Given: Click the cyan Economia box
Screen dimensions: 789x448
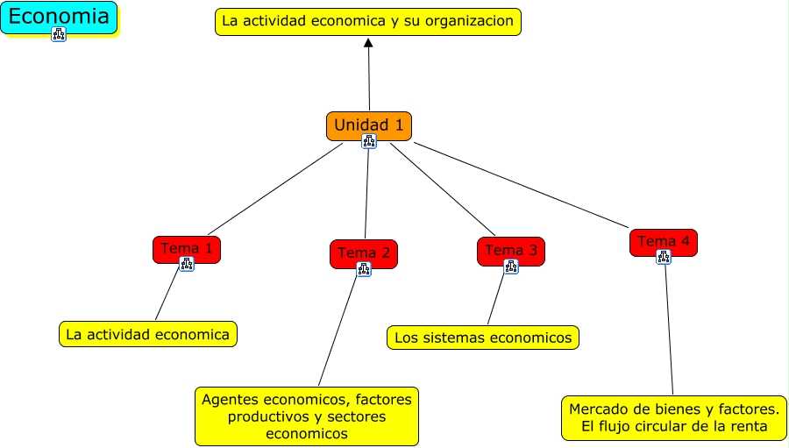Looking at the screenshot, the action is pos(59,18).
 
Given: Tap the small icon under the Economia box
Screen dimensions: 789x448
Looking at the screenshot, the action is pos(59,34).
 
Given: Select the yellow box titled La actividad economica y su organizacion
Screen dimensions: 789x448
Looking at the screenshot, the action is pos(368,22).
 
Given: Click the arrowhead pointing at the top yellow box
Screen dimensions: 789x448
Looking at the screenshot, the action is pos(368,43).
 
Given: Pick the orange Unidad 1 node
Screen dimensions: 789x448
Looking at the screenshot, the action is pos(369,126).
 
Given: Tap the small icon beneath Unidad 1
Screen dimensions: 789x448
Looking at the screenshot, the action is pos(369,141).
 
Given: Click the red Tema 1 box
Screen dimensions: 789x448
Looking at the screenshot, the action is pos(187,249).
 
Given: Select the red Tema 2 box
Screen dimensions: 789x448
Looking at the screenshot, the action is pos(364,253).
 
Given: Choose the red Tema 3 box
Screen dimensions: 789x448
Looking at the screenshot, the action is pos(511,252).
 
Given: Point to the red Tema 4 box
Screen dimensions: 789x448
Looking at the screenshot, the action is pos(664,243).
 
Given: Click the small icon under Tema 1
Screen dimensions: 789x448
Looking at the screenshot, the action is pos(187,264).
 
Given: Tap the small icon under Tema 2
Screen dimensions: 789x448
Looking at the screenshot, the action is pos(364,269).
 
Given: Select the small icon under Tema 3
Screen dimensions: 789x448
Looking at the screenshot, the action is pos(511,267).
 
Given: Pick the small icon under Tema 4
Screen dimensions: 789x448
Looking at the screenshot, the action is pos(664,257).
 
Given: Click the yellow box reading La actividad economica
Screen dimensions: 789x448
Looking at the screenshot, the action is pos(148,334).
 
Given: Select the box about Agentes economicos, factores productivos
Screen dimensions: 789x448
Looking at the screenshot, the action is pos(307,416).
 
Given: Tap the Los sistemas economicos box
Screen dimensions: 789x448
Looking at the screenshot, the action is pos(482,338).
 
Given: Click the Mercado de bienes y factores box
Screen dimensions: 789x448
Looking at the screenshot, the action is pos(674,418).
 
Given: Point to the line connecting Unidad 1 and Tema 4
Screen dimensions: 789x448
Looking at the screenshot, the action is pos(521,185).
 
